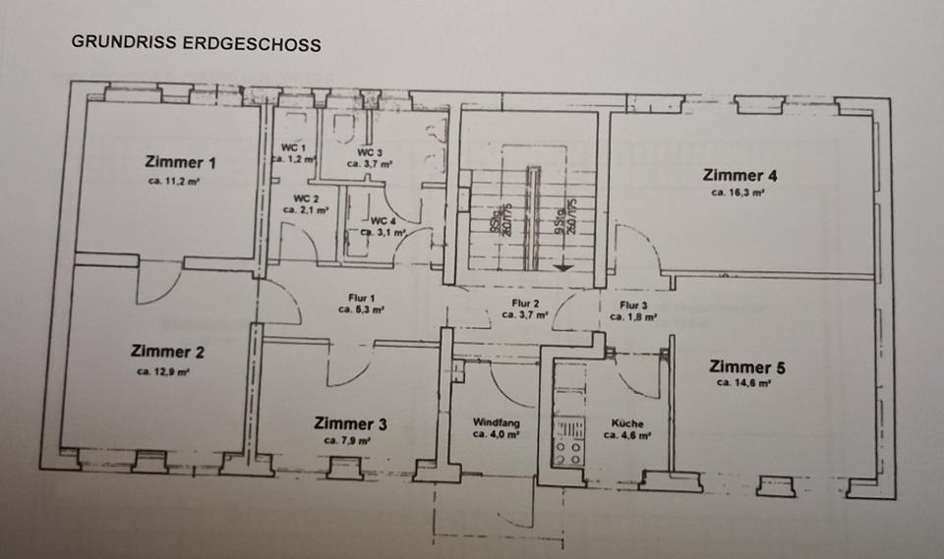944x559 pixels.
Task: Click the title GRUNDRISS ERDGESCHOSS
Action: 196,44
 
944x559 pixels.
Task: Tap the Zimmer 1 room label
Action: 180,162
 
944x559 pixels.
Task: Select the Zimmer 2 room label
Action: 168,352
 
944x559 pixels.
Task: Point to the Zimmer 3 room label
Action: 350,423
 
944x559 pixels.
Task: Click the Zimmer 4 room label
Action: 740,176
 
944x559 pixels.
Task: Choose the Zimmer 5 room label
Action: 746,367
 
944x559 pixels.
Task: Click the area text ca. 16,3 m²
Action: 738,194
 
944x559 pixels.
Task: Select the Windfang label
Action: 497,421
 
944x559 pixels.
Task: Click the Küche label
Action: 625,421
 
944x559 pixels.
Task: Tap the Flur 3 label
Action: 633,306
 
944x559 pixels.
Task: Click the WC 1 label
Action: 293,147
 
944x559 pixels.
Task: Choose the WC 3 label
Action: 370,152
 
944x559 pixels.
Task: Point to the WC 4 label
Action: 383,220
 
